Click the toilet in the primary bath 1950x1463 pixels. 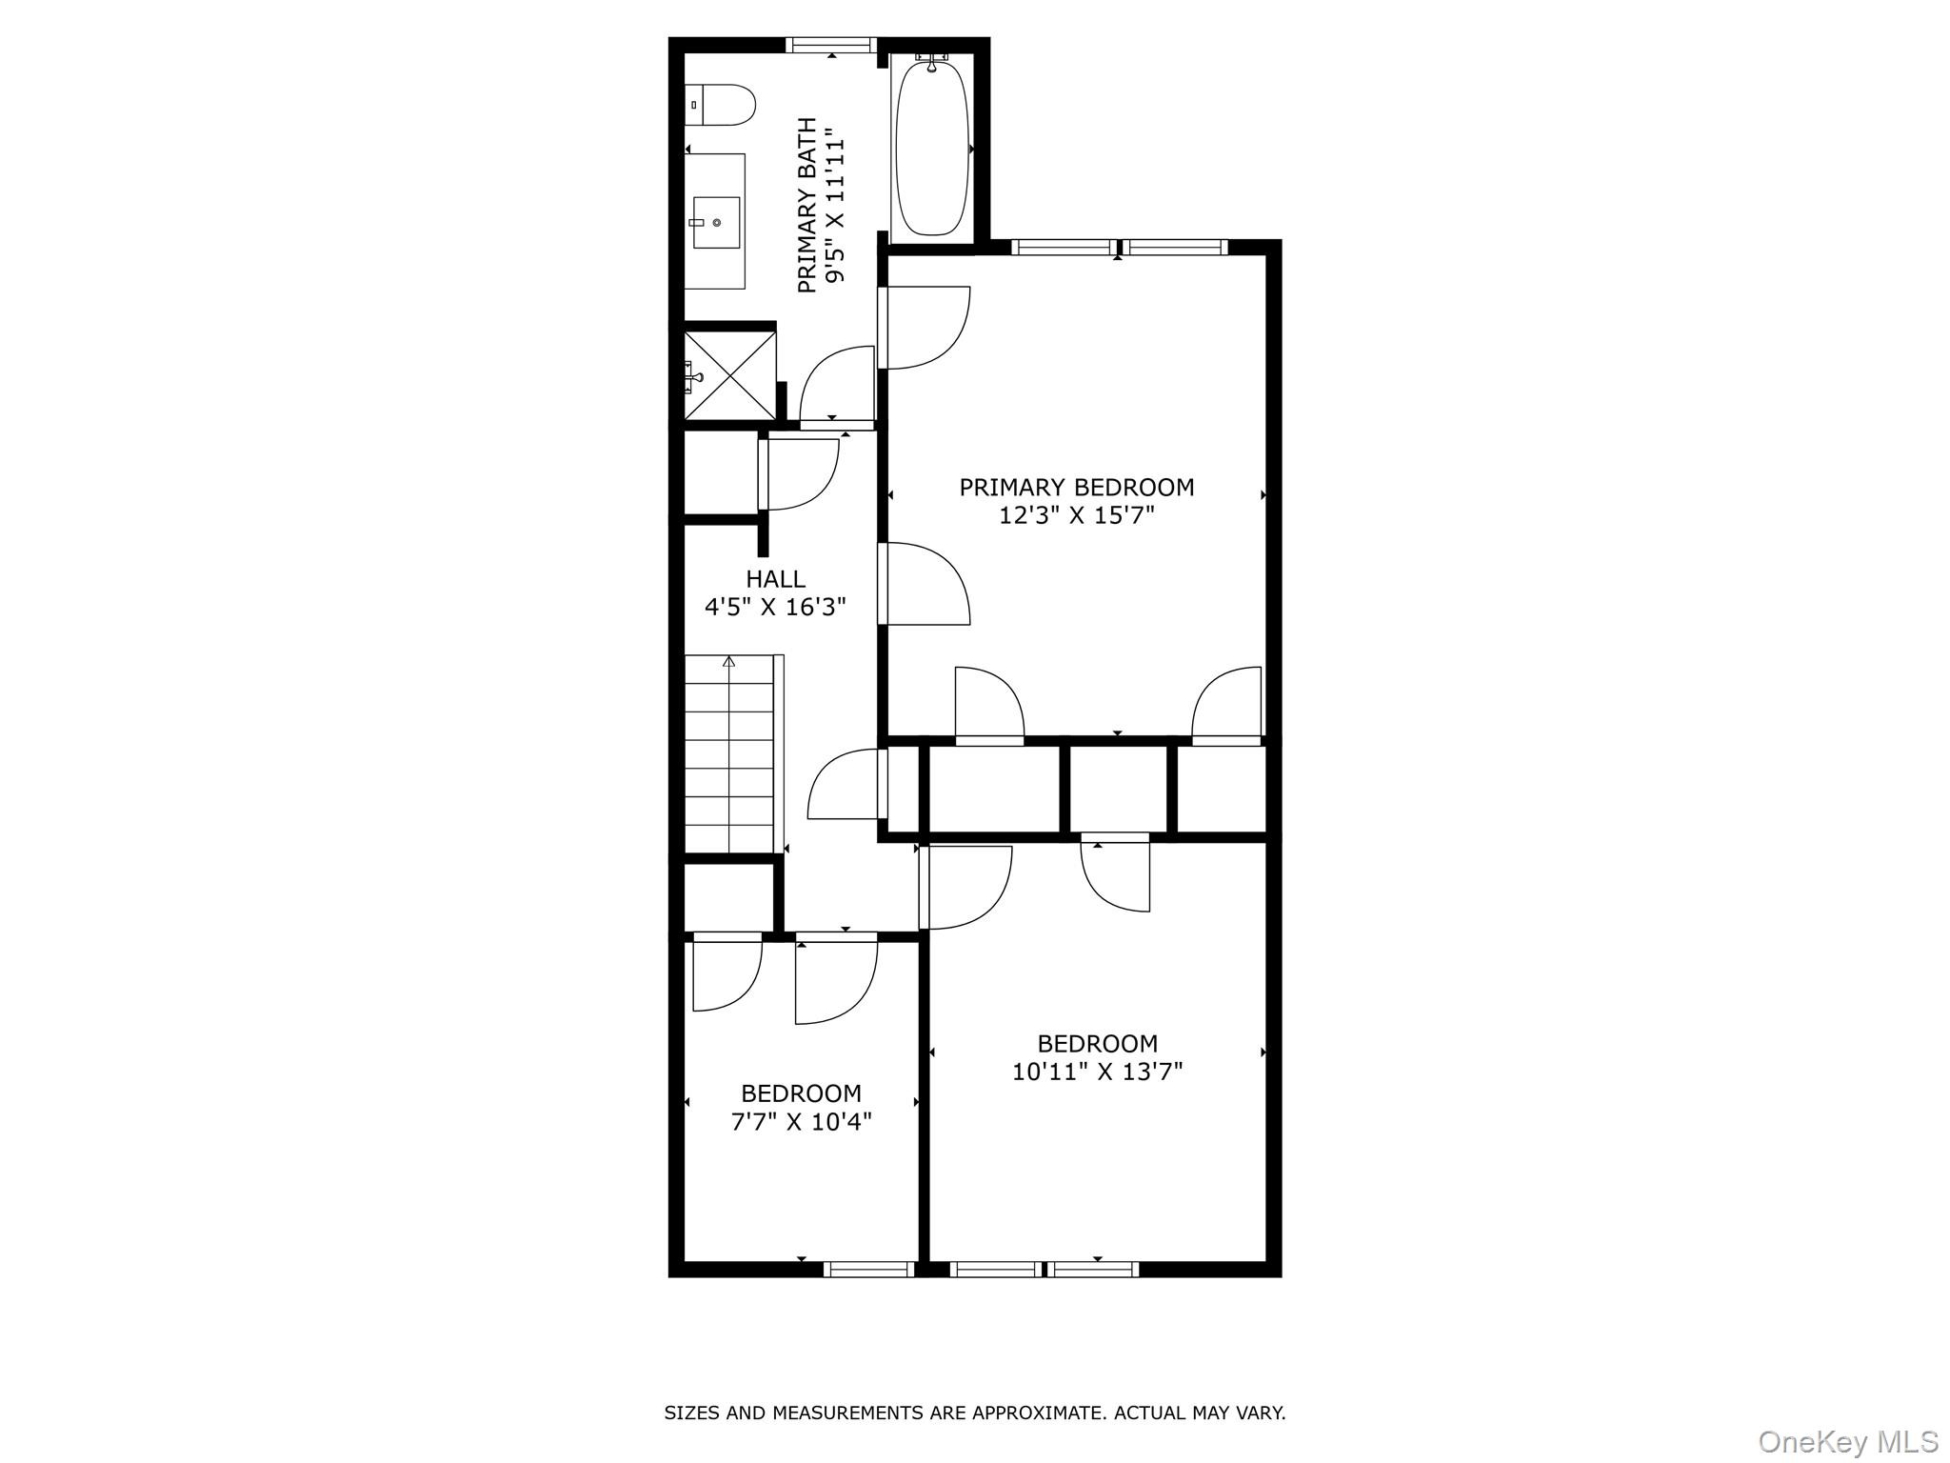tap(721, 105)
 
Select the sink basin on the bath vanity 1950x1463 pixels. tap(715, 222)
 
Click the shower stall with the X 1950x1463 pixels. tap(730, 374)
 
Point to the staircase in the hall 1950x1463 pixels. tap(730, 754)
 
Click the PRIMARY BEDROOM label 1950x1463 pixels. tap(1076, 488)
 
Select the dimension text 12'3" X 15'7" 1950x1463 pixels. tap(1076, 516)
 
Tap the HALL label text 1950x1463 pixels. tap(775, 579)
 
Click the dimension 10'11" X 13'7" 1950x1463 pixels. tap(1097, 1072)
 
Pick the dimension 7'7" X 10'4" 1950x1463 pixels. tap(801, 1122)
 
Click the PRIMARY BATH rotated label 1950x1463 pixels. tap(806, 205)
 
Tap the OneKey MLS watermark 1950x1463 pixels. tap(1847, 1442)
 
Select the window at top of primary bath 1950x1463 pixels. tap(831, 45)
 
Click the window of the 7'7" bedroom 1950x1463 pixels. tap(868, 1269)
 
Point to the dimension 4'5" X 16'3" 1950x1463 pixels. tap(775, 607)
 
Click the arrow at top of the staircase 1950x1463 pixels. tap(730, 661)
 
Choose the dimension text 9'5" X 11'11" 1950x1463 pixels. tap(835, 205)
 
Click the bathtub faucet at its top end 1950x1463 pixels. tap(932, 62)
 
